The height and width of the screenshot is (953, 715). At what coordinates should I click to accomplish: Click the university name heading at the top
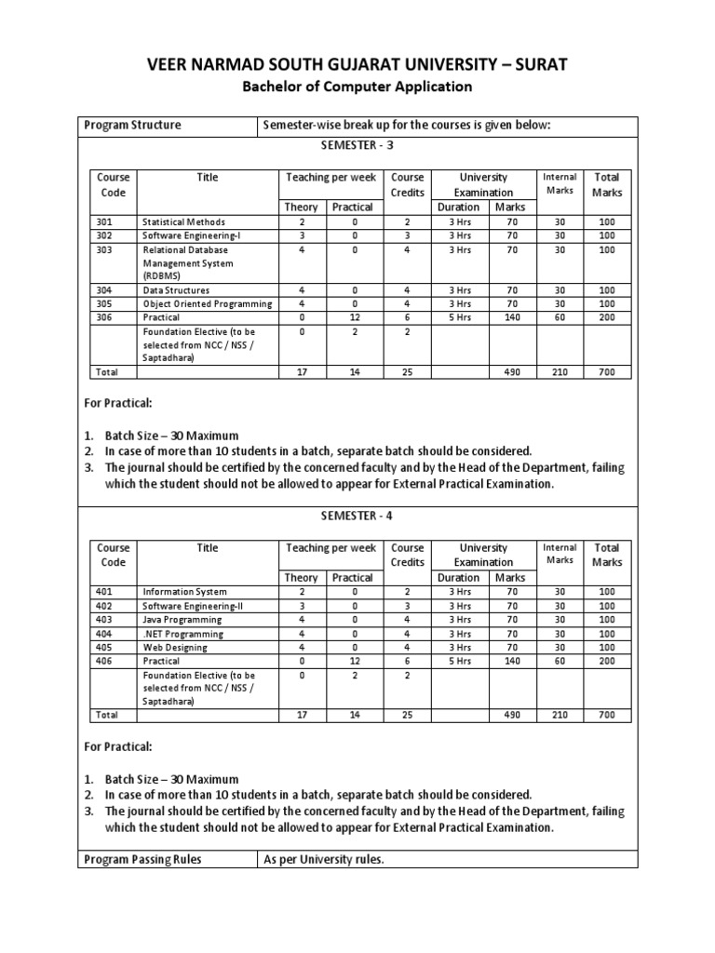[357, 64]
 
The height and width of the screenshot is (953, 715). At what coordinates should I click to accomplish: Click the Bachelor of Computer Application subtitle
[357, 87]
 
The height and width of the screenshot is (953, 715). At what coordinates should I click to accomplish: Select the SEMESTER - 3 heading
[357, 146]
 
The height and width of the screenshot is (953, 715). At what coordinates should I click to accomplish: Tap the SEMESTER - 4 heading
[357, 517]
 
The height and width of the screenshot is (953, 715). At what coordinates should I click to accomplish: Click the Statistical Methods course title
[183, 222]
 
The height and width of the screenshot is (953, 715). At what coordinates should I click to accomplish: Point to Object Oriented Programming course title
[207, 303]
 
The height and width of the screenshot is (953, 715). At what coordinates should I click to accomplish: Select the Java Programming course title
[182, 620]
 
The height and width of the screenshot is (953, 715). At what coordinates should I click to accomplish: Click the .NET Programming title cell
[182, 634]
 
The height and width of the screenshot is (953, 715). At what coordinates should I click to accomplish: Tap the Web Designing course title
[175, 648]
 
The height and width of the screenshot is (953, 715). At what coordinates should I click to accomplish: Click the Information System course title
[183, 592]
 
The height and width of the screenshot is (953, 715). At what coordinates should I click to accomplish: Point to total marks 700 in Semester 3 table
[607, 372]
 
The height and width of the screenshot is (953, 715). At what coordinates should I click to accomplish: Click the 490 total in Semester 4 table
[511, 715]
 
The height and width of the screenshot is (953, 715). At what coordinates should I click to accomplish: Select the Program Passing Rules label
[142, 860]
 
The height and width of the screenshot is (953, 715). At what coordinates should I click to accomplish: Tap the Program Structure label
[132, 126]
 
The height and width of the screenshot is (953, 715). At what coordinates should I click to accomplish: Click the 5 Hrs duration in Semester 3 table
[459, 317]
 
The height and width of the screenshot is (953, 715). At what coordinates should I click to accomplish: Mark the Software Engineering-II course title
[193, 606]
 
